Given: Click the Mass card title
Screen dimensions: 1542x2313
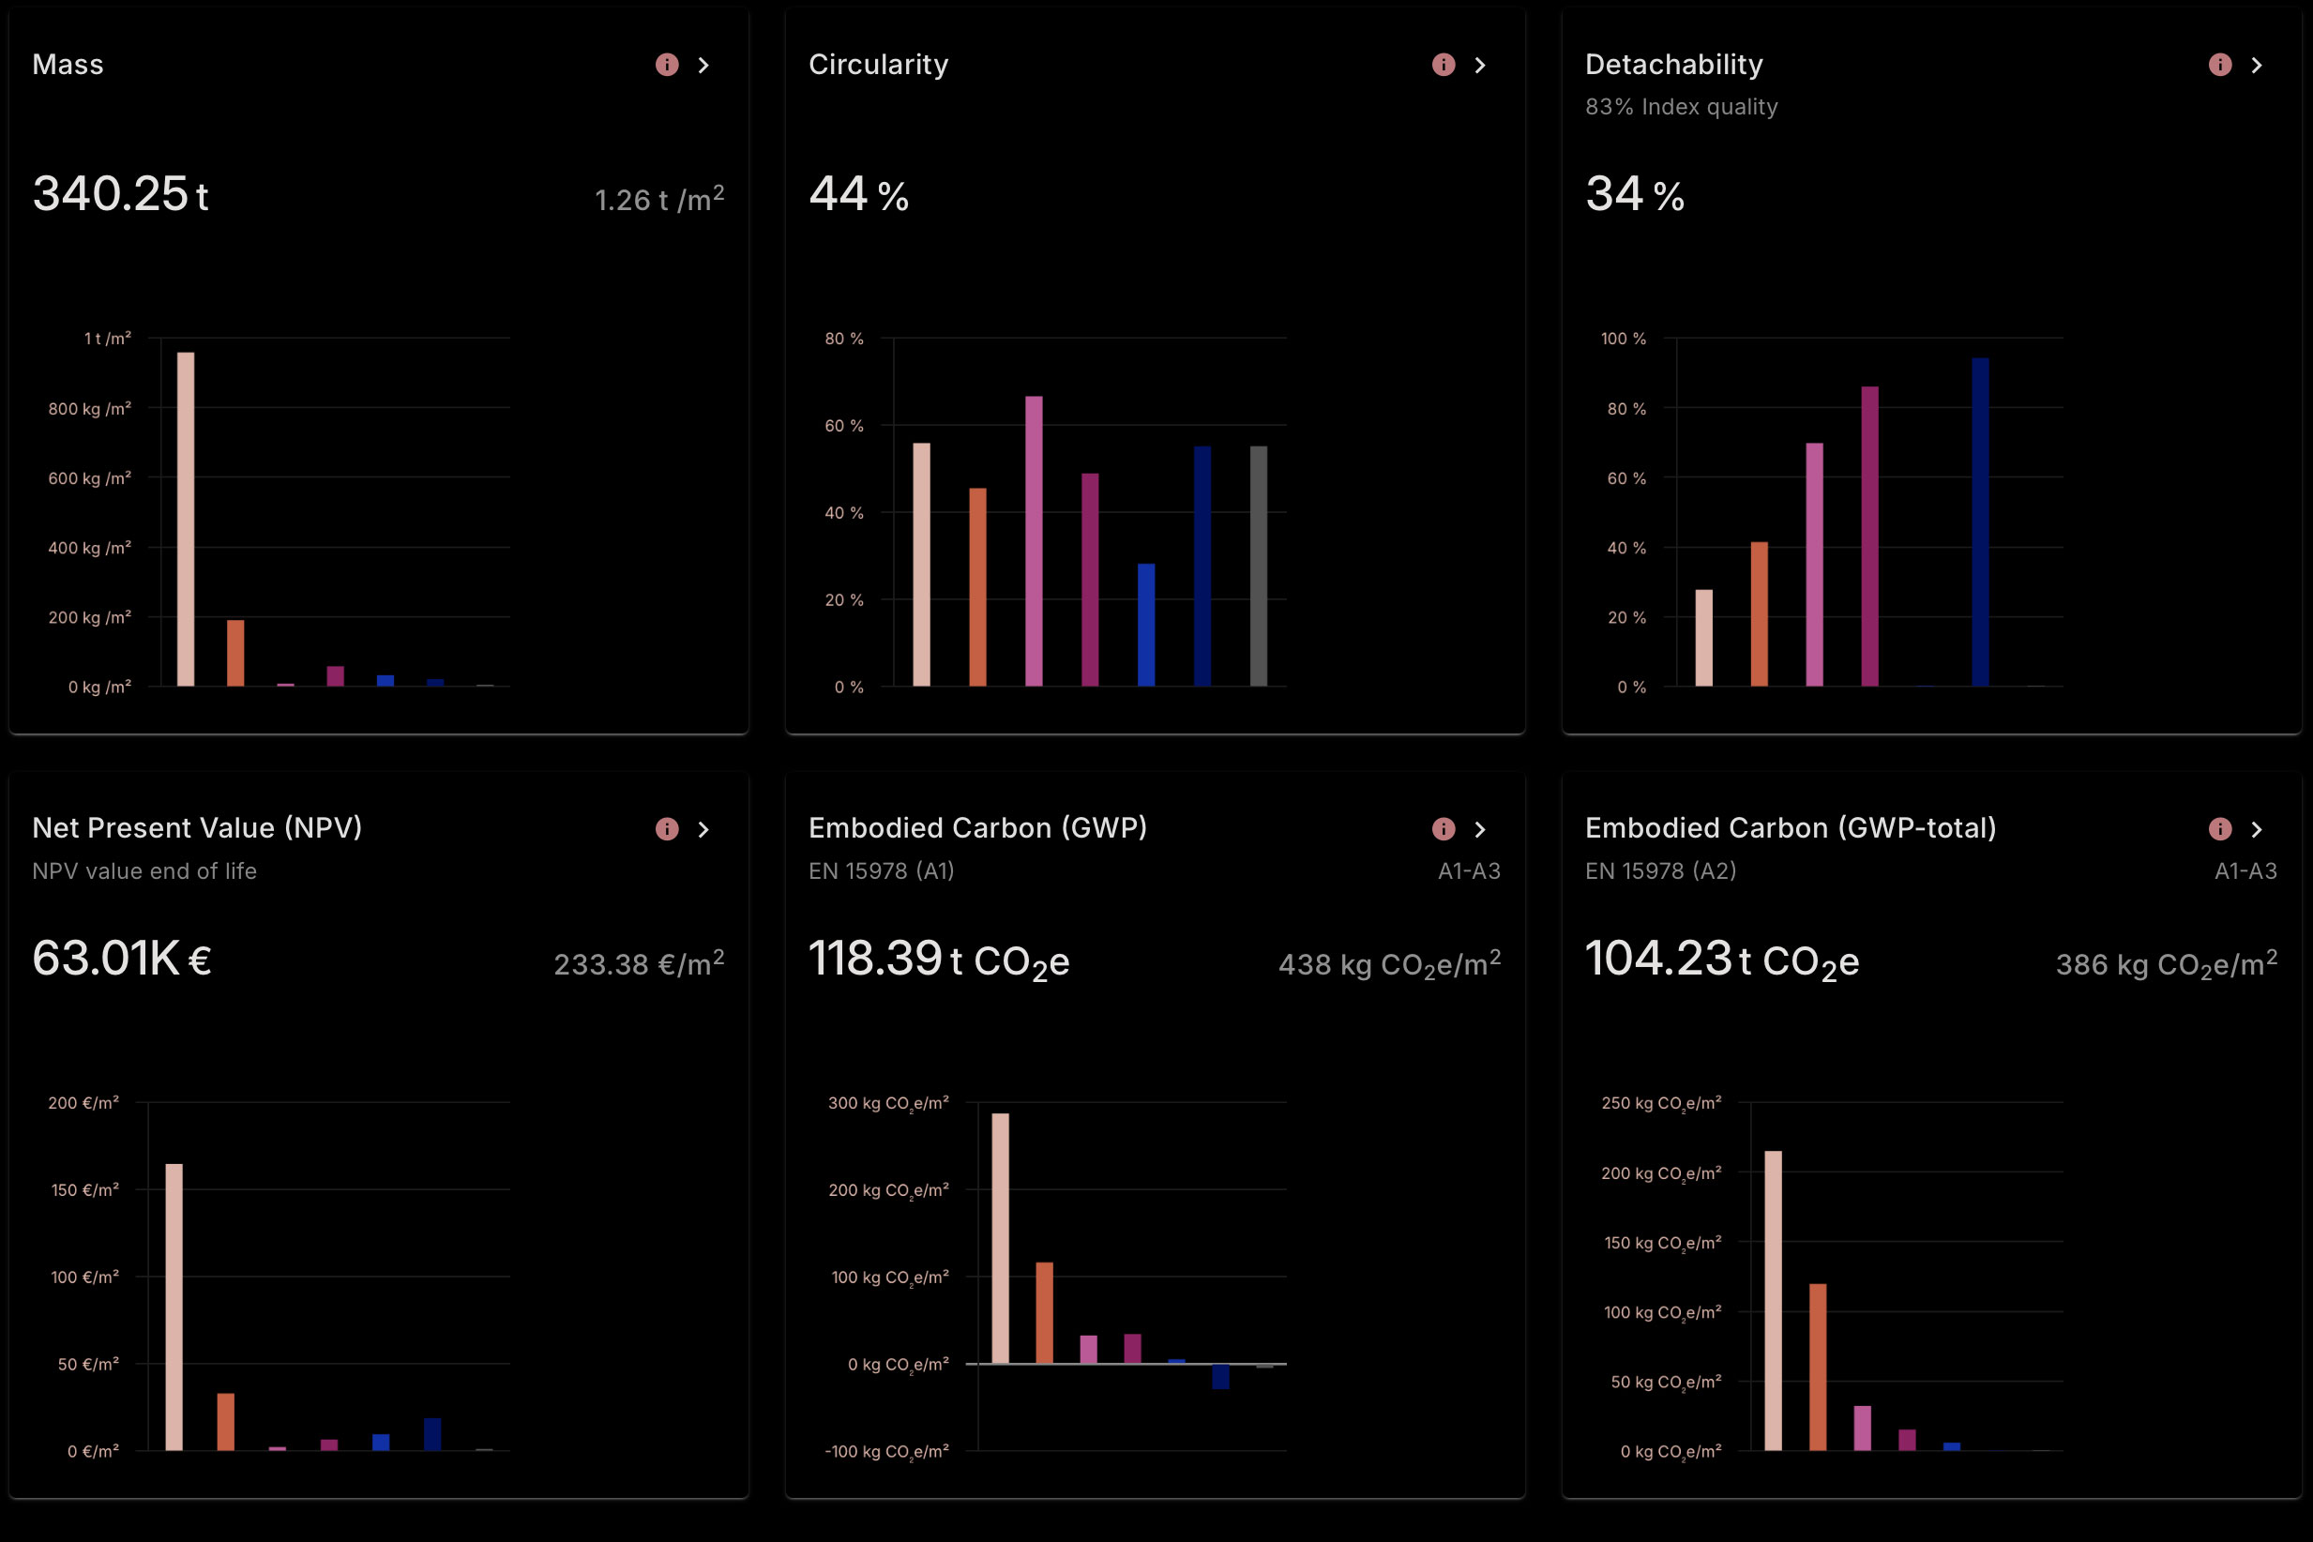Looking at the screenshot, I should tap(68, 65).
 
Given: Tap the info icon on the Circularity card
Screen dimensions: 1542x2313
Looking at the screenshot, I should tap(1443, 65).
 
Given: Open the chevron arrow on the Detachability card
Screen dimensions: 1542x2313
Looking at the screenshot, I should tap(2256, 65).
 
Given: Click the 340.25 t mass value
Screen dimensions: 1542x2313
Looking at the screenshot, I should tap(120, 194).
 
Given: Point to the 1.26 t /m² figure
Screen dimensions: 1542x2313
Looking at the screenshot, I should tap(658, 200).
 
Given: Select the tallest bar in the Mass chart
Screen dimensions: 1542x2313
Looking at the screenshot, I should tap(186, 519).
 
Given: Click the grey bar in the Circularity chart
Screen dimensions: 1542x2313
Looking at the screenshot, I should tap(1258, 566).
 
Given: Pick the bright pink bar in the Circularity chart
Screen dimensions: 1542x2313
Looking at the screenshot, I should tap(1034, 541).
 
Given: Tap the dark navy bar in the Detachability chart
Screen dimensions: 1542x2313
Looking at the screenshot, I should tap(1980, 522).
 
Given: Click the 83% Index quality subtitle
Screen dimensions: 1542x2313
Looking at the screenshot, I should tap(1681, 107).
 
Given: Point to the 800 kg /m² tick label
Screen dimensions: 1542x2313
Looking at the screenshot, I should tap(89, 408).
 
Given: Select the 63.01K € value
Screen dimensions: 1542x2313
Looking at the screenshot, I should tap(122, 959).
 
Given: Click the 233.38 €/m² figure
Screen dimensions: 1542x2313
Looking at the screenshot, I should tap(638, 964).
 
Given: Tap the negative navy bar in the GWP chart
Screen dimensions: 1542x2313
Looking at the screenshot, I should tap(1220, 1376).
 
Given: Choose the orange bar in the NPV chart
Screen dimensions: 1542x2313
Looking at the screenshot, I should tap(226, 1421).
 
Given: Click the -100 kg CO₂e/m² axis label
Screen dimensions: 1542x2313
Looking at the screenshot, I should tap(886, 1452).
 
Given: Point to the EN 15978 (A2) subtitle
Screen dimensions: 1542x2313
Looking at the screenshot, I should tap(1660, 871).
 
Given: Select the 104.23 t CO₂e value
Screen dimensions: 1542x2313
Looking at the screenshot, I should tap(1721, 959).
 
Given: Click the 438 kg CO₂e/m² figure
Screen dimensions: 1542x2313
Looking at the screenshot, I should tap(1388, 964).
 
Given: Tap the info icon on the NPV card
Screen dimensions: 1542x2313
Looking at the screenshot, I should tap(667, 829).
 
